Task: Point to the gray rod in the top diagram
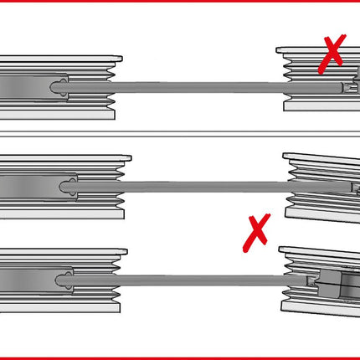coord(201,86)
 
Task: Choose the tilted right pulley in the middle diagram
coord(322,188)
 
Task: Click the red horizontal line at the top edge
coord(180,2)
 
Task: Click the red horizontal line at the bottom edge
coord(180,357)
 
